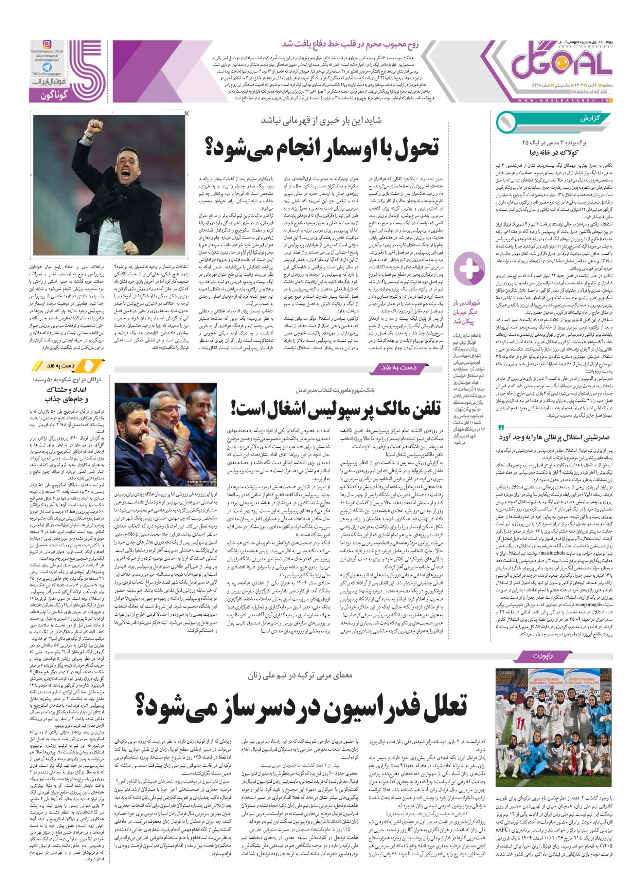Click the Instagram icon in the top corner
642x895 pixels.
[x=47, y=44]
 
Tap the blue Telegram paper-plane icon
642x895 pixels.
[x=47, y=68]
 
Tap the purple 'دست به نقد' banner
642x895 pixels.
[x=398, y=367]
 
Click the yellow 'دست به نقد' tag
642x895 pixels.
[x=61, y=366]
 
